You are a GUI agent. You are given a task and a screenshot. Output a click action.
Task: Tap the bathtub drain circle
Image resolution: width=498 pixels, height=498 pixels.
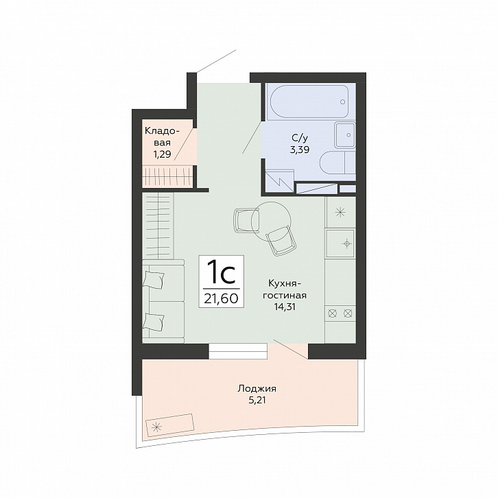point(342,102)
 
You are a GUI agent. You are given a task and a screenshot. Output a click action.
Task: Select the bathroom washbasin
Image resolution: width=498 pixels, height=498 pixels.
point(345,135)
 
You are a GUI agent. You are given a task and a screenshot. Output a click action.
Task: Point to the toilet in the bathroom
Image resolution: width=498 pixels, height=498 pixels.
point(337,162)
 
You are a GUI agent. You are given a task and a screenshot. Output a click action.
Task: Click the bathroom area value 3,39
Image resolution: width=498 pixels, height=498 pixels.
point(300,150)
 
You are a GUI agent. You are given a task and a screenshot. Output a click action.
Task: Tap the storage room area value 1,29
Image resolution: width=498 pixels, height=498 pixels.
point(163,154)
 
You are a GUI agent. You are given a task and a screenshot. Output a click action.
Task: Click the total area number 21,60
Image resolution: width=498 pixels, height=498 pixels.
point(221,298)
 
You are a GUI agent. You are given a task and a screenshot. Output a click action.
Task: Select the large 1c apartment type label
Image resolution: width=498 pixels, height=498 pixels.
point(221,272)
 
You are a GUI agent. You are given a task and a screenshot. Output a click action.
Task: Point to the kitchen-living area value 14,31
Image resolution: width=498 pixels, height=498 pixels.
point(285,307)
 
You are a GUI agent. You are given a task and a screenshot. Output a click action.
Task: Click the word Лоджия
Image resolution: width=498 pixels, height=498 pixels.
point(257,389)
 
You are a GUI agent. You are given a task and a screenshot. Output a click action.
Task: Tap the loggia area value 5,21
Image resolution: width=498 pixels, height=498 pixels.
point(257,400)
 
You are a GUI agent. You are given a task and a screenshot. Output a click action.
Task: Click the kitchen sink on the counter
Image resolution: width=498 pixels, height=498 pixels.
point(340,244)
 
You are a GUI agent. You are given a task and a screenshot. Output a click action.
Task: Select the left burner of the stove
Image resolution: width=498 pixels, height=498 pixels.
point(332,313)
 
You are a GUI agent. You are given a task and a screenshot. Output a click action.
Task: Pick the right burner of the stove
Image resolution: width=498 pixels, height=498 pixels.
point(348,313)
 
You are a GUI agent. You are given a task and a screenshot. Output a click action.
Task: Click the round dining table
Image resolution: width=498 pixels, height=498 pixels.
point(271,222)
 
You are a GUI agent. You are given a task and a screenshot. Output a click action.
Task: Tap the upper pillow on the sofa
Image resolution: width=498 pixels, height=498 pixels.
point(154,280)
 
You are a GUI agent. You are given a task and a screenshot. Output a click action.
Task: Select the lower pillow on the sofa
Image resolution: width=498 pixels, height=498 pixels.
point(154,322)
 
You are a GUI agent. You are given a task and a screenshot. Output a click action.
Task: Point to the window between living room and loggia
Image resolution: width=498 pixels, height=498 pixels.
point(238,351)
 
